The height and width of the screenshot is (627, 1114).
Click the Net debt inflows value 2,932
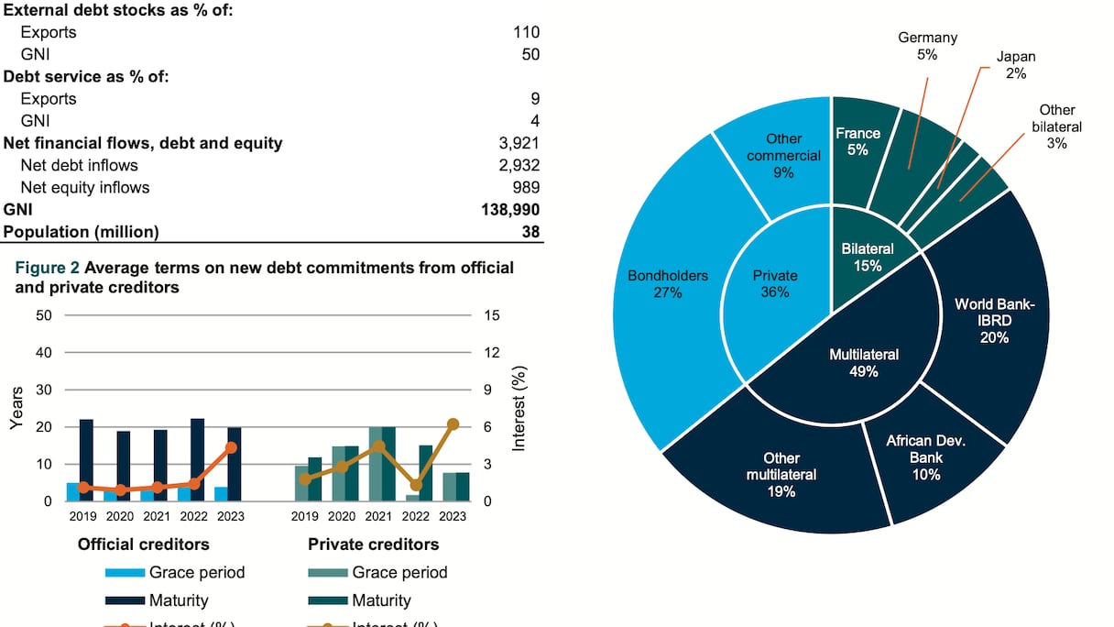518,165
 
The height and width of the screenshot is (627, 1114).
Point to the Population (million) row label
81,232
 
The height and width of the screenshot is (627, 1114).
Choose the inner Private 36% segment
775,283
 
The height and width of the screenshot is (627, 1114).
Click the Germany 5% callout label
927,46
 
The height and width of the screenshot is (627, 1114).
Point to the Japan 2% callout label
1016,64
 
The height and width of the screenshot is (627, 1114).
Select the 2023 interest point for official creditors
231,447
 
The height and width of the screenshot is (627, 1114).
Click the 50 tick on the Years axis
44,315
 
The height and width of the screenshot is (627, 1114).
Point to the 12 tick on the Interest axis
492,353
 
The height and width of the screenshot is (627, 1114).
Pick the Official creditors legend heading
143,544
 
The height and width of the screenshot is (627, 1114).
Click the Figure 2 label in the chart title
46,269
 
